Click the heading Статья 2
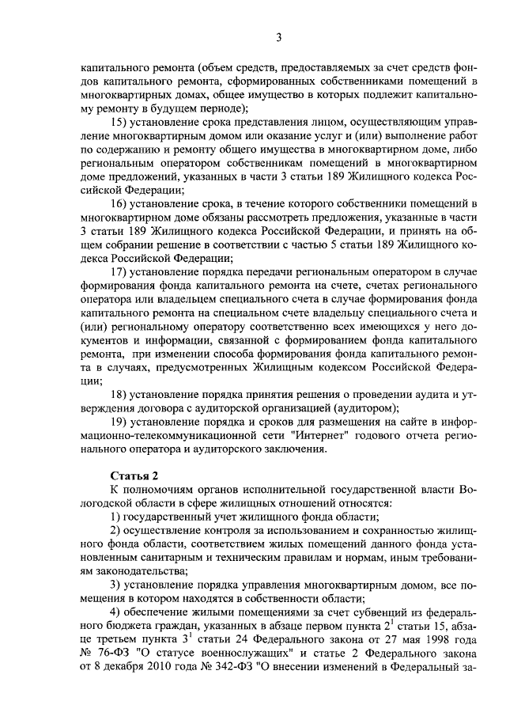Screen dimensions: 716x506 coord(133,475)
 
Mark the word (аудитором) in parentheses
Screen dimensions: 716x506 coord(353,408)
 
